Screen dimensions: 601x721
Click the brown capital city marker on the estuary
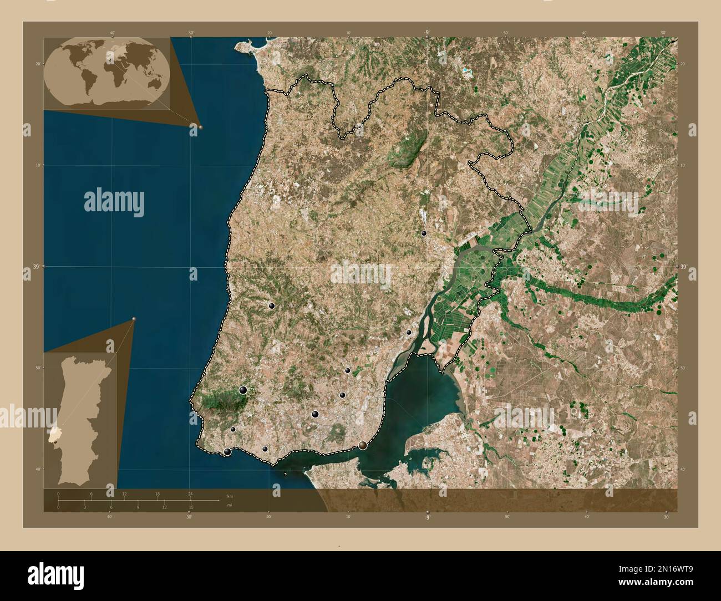[363, 445]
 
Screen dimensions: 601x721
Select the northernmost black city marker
[424, 234]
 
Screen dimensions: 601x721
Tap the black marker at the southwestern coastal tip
[227, 452]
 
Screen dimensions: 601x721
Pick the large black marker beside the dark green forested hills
[242, 390]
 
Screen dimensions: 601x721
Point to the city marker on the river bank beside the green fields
[409, 333]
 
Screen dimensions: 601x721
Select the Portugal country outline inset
[81, 419]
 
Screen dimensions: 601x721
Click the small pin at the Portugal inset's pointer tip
[134, 319]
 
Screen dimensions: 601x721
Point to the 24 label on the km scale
[190, 493]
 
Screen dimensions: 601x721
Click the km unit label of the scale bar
[230, 496]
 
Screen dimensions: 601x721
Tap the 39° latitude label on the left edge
[27, 267]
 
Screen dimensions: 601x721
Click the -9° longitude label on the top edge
[426, 33]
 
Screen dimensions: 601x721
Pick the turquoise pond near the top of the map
[465, 70]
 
